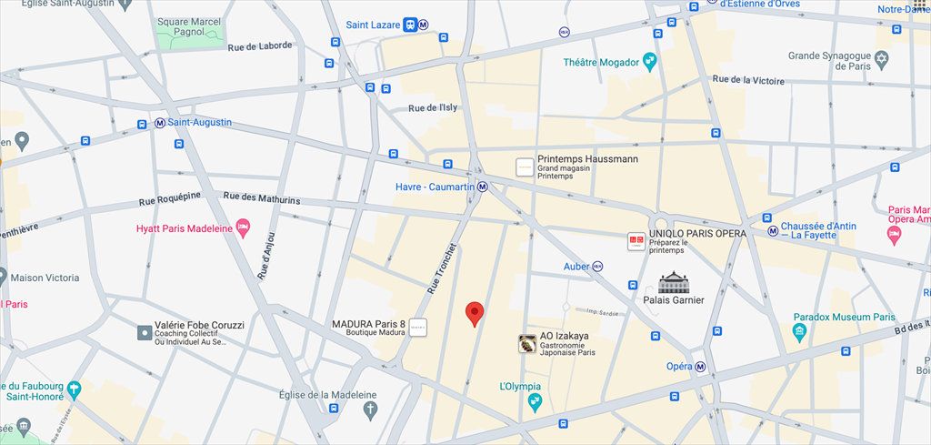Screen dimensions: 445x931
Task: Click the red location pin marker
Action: (474, 314)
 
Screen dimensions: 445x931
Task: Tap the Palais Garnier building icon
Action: (673, 281)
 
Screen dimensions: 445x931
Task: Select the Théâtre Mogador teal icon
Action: (649, 62)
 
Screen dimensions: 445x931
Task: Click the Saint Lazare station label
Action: (373, 25)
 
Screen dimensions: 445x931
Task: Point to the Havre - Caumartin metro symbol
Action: (483, 187)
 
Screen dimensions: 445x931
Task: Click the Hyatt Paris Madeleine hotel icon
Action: (243, 228)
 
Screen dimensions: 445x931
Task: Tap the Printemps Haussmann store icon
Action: (524, 167)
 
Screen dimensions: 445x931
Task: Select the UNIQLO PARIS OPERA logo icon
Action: (636, 241)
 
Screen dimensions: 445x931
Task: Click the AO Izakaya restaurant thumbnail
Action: (526, 344)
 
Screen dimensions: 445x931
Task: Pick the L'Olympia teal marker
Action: (535, 401)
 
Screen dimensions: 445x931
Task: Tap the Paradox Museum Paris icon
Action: (799, 332)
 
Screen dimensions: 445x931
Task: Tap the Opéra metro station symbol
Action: (700, 367)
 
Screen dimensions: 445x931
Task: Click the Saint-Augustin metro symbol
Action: (160, 123)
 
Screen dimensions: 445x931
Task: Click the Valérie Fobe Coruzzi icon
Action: (144, 333)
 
